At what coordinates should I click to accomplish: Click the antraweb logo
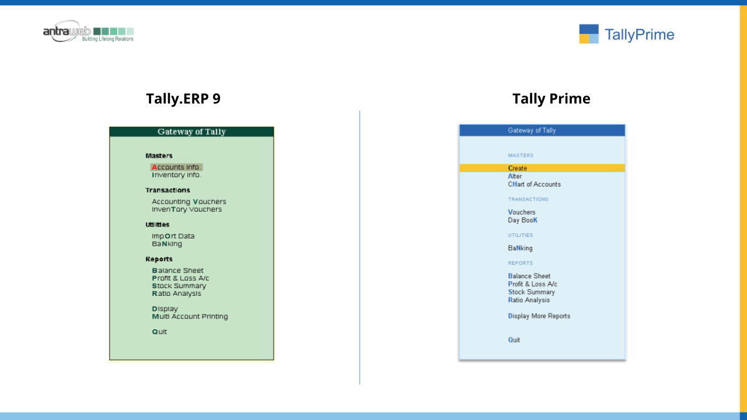(x=88, y=32)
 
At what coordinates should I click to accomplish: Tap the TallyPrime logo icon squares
(x=589, y=34)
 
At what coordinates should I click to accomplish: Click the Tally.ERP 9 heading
(x=183, y=99)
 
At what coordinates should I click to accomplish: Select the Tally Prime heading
(x=551, y=99)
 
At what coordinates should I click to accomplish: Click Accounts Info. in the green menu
(x=176, y=167)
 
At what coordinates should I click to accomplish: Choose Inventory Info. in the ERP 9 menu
(x=177, y=175)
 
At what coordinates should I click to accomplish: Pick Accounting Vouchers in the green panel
(x=189, y=202)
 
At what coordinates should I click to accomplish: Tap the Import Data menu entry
(x=173, y=236)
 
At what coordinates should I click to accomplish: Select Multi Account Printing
(x=190, y=316)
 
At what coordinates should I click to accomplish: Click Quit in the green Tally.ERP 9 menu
(x=159, y=332)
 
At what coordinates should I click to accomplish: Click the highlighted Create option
(x=517, y=169)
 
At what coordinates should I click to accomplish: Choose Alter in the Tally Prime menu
(x=515, y=176)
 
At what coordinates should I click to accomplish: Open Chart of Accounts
(x=534, y=184)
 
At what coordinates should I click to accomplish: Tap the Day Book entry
(x=522, y=220)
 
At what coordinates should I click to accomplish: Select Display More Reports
(x=539, y=316)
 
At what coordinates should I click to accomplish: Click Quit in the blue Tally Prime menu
(x=514, y=340)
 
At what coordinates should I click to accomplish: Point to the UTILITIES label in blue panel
(x=520, y=235)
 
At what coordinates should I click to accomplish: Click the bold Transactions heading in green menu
(x=167, y=190)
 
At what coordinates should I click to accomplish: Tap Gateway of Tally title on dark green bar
(x=191, y=132)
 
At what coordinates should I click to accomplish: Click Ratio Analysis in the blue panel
(x=529, y=300)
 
